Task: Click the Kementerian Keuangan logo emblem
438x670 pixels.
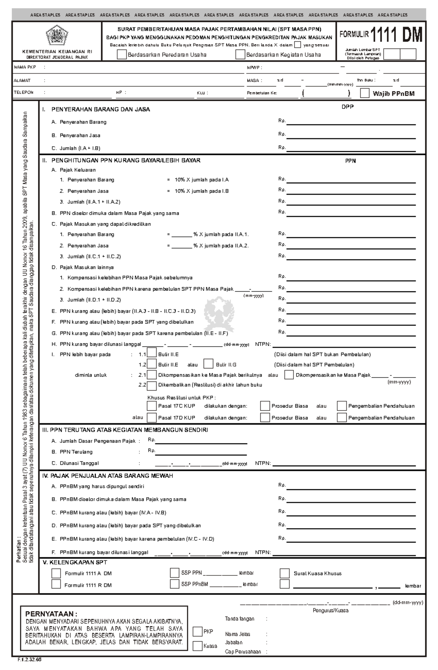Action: click(57, 35)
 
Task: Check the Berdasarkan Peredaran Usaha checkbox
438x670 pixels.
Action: click(122, 55)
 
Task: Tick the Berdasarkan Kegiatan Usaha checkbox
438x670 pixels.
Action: click(240, 55)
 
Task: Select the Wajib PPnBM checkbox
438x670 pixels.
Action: click(365, 93)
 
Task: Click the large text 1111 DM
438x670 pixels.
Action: click(396, 35)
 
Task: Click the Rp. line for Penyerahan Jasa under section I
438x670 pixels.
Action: click(351, 136)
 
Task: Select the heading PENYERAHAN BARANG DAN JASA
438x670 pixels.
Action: click(100, 109)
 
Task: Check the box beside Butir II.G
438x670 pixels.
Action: click(208, 364)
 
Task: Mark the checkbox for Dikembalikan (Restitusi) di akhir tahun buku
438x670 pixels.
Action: click(152, 385)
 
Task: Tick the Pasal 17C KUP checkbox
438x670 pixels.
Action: click(151, 406)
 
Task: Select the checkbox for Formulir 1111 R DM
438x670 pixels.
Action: click(56, 584)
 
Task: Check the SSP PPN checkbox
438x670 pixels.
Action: click(174, 573)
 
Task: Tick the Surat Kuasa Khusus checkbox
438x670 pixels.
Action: click(284, 573)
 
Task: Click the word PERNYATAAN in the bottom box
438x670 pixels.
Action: click(51, 614)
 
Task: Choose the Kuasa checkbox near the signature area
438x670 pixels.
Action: click(197, 646)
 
